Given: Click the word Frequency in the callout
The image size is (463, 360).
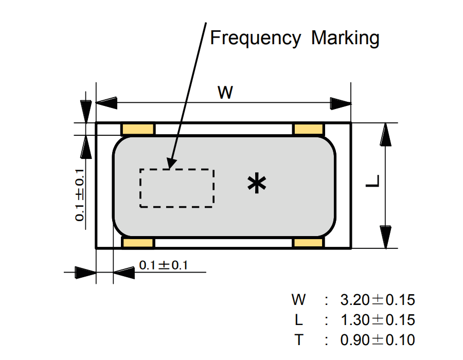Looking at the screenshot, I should [255, 38].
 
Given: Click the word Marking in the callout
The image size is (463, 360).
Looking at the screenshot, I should [345, 38].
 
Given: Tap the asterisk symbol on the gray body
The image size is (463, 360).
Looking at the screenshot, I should [256, 184].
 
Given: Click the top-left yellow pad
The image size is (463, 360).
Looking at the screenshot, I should [137, 129].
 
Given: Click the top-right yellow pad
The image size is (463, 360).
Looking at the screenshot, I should [309, 129].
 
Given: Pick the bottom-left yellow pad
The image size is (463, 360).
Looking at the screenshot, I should [137, 243].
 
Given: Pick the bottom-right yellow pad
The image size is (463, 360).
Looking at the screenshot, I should [309, 243].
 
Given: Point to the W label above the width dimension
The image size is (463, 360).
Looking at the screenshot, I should [225, 93].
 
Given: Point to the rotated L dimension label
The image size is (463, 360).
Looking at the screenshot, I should [374, 182].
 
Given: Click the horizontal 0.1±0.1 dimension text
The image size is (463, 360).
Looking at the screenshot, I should [164, 265].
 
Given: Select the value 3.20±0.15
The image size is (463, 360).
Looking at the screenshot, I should [378, 299].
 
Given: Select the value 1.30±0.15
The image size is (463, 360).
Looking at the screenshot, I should [378, 319].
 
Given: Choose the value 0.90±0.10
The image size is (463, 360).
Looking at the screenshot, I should [378, 339].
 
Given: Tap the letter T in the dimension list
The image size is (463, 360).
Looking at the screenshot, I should [299, 339].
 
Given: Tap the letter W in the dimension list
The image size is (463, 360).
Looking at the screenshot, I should [299, 299].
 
